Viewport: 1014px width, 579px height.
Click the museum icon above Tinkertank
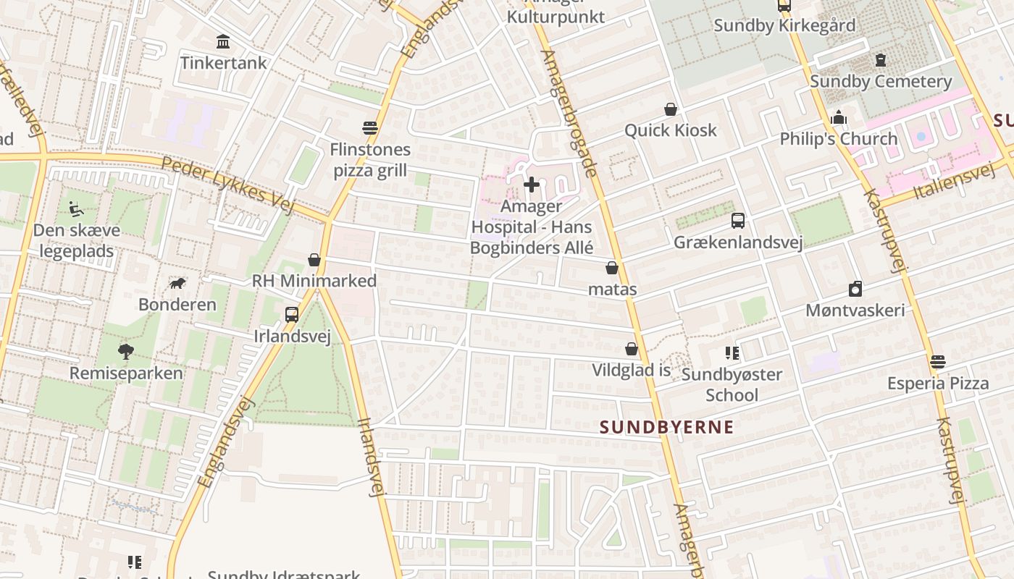click(223, 41)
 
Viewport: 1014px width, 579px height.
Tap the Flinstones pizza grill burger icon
click(370, 128)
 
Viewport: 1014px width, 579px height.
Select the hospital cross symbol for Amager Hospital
click(531, 185)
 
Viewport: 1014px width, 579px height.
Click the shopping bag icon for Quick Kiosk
click(671, 109)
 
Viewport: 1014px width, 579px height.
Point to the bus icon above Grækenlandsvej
click(737, 221)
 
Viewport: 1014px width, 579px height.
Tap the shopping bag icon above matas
click(612, 268)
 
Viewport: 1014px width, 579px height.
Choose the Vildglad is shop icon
click(632, 349)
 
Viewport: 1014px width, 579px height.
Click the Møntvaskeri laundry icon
click(855, 289)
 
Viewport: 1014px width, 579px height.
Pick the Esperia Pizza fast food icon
click(938, 361)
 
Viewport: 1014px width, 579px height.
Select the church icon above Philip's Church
click(839, 117)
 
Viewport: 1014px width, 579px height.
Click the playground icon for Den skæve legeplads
click(76, 209)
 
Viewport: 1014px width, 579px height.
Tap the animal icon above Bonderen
click(177, 283)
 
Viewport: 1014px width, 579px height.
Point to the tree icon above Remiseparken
click(126, 352)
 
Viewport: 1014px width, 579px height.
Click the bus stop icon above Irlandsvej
click(292, 315)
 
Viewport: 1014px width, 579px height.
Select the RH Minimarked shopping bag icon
click(314, 259)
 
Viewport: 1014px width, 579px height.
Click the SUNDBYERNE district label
click(666, 427)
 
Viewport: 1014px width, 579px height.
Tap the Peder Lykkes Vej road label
click(227, 185)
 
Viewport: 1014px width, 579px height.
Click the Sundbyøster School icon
click(732, 353)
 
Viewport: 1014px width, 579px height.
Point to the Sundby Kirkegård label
click(784, 25)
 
